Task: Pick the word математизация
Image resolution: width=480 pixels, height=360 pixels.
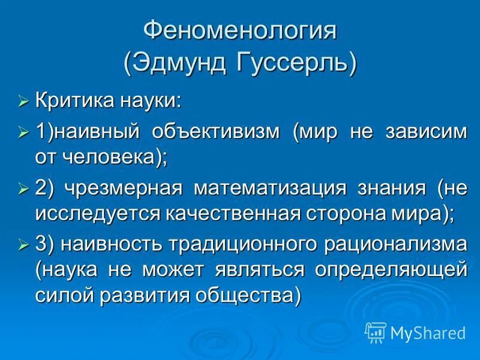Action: tap(269, 188)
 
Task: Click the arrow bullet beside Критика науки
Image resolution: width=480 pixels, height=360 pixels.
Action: tap(23, 101)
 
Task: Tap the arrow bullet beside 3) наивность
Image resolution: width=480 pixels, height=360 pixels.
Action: tap(23, 245)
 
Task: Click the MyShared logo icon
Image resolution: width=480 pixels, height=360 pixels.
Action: tap(376, 331)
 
